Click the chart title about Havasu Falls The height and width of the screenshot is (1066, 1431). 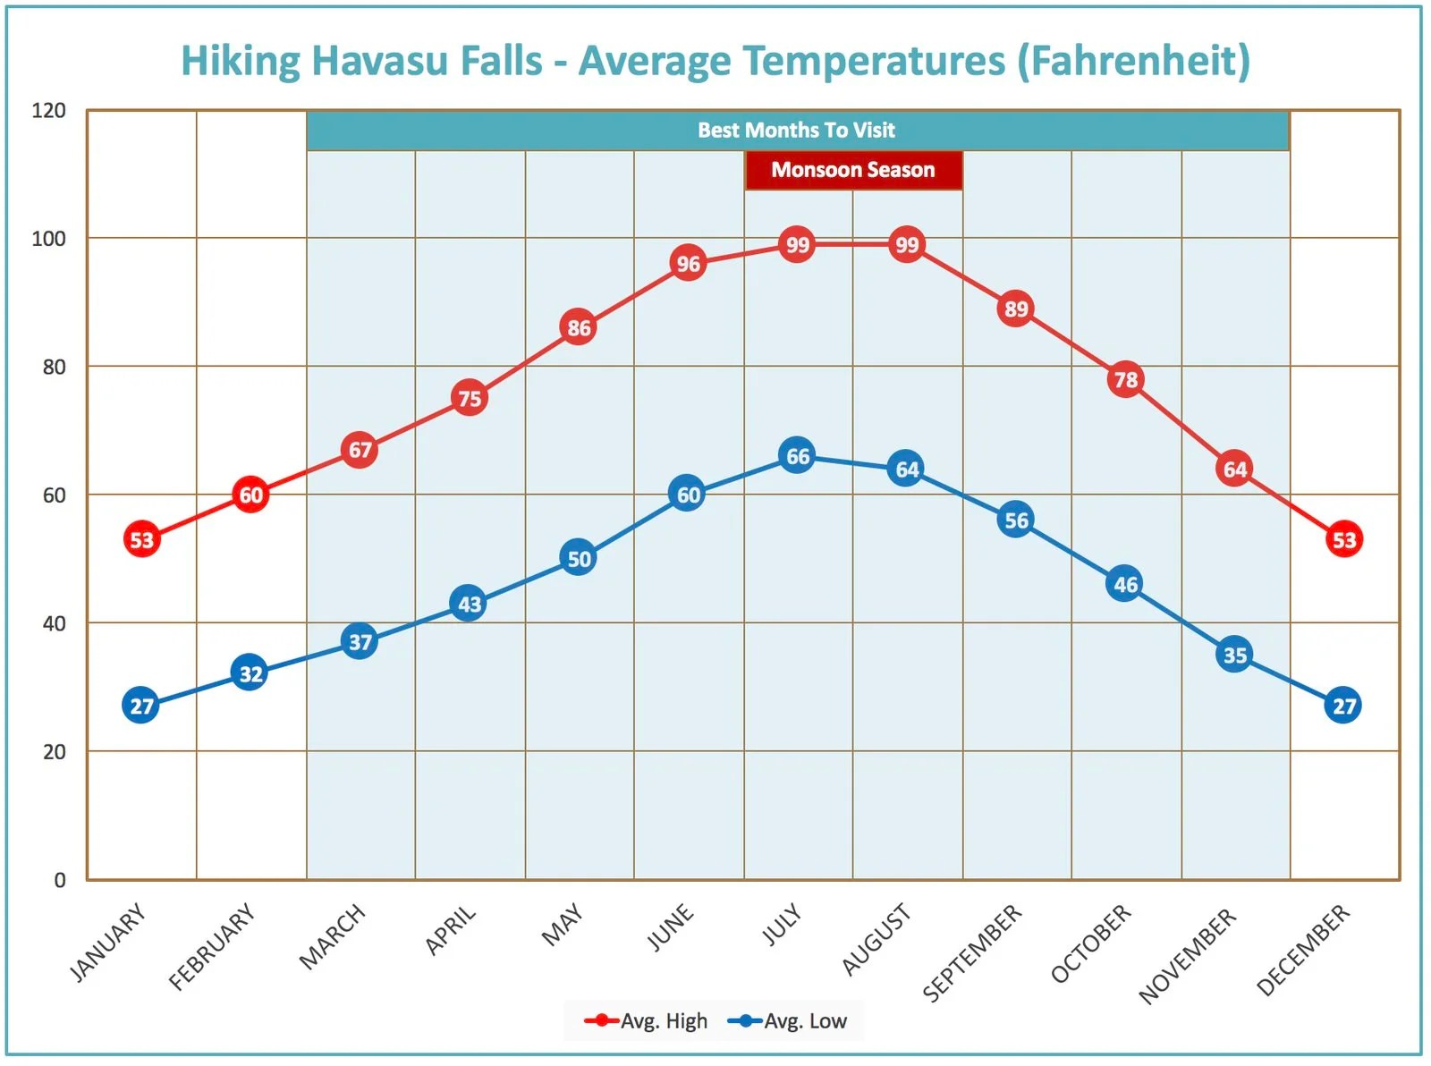pos(715,61)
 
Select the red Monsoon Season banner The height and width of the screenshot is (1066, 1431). pos(853,170)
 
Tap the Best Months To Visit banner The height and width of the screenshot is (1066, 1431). pos(796,131)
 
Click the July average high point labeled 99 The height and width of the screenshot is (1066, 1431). pos(797,244)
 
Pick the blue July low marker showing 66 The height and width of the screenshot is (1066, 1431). pos(797,456)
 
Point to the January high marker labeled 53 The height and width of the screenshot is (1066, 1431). pos(141,539)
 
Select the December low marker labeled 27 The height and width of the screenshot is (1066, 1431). pos(1343,706)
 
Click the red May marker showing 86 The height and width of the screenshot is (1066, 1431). pos(579,328)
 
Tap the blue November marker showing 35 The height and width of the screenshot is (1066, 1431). pos(1234,655)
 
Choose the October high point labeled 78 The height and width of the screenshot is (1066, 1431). pos(1125,380)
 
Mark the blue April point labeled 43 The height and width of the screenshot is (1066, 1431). pos(469,604)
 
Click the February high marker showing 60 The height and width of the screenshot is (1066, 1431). pos(250,495)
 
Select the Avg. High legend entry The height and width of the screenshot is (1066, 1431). pos(646,1020)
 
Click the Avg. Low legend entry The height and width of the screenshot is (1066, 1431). pos(788,1020)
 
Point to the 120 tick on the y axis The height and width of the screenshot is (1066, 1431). pos(49,111)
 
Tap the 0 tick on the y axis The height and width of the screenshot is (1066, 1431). pos(60,880)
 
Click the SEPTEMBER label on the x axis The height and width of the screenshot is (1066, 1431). pos(972,952)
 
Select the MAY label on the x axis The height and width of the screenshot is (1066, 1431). pos(563,925)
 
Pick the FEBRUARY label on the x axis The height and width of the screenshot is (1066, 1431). pos(212,947)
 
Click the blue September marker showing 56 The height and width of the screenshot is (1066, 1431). pos(1016,520)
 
